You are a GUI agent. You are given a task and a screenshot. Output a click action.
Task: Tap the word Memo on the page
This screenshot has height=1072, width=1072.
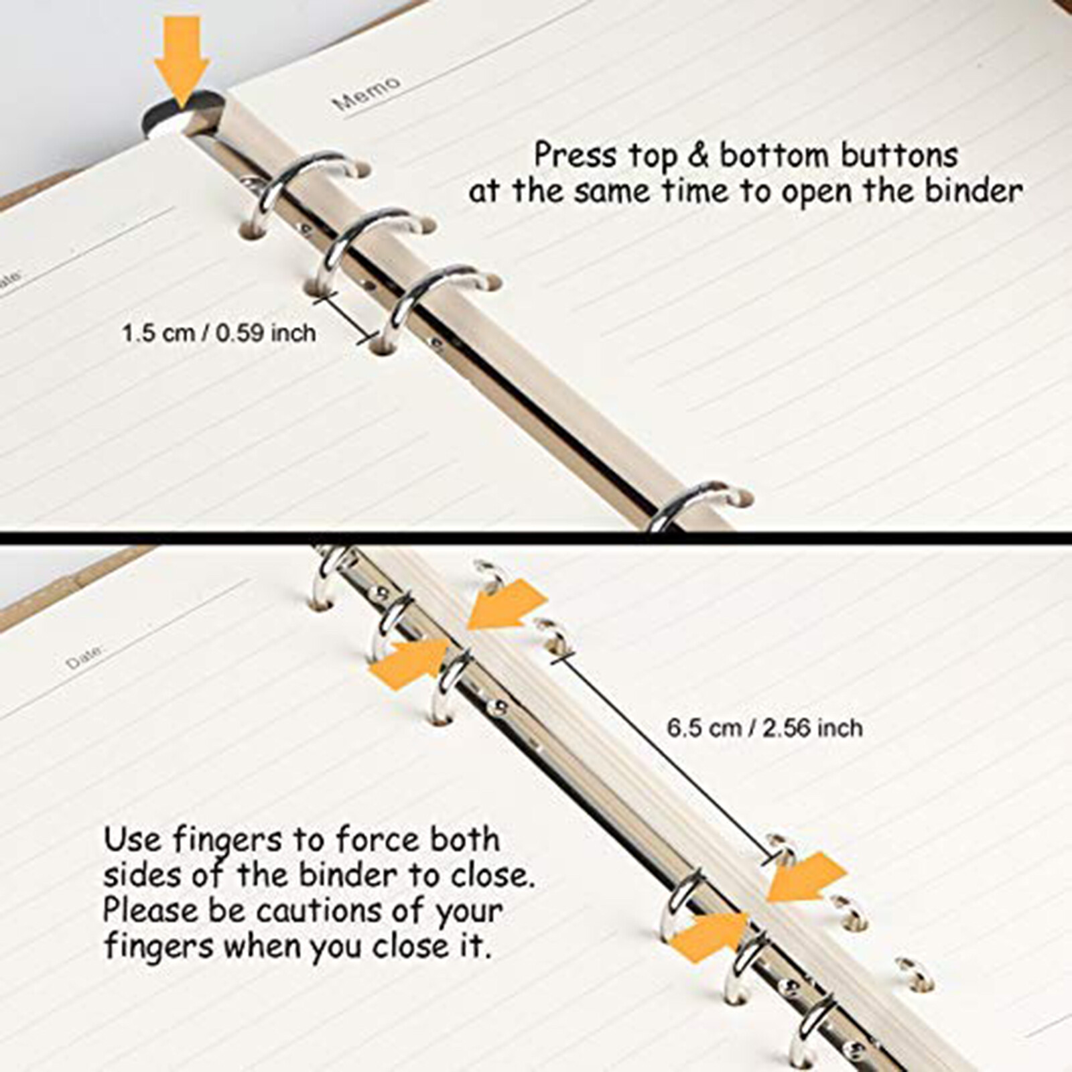pyautogui.click(x=367, y=93)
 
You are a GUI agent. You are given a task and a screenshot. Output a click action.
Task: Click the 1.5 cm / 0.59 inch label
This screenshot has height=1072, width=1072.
pyautogui.click(x=219, y=333)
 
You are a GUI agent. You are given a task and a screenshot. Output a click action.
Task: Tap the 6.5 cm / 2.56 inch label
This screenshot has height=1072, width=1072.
pyautogui.click(x=764, y=728)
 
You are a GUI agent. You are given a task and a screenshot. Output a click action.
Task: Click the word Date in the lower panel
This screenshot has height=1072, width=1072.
pyautogui.click(x=85, y=657)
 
